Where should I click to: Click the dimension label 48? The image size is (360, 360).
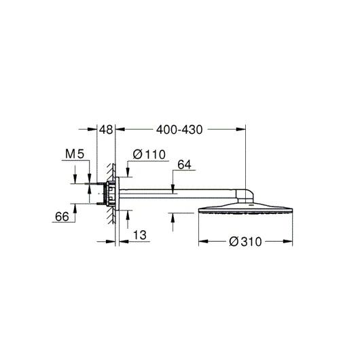[x=106, y=130]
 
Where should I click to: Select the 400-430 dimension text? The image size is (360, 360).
[x=179, y=130]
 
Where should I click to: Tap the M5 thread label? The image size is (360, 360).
[x=75, y=154]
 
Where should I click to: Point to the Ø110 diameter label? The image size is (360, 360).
[x=149, y=154]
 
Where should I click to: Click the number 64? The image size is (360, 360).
[x=184, y=164]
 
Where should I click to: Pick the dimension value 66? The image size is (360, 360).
[x=62, y=217]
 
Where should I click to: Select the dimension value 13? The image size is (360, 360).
[x=140, y=235]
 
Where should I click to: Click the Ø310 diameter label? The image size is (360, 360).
[x=245, y=242]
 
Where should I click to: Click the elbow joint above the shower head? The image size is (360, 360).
[x=245, y=196]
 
